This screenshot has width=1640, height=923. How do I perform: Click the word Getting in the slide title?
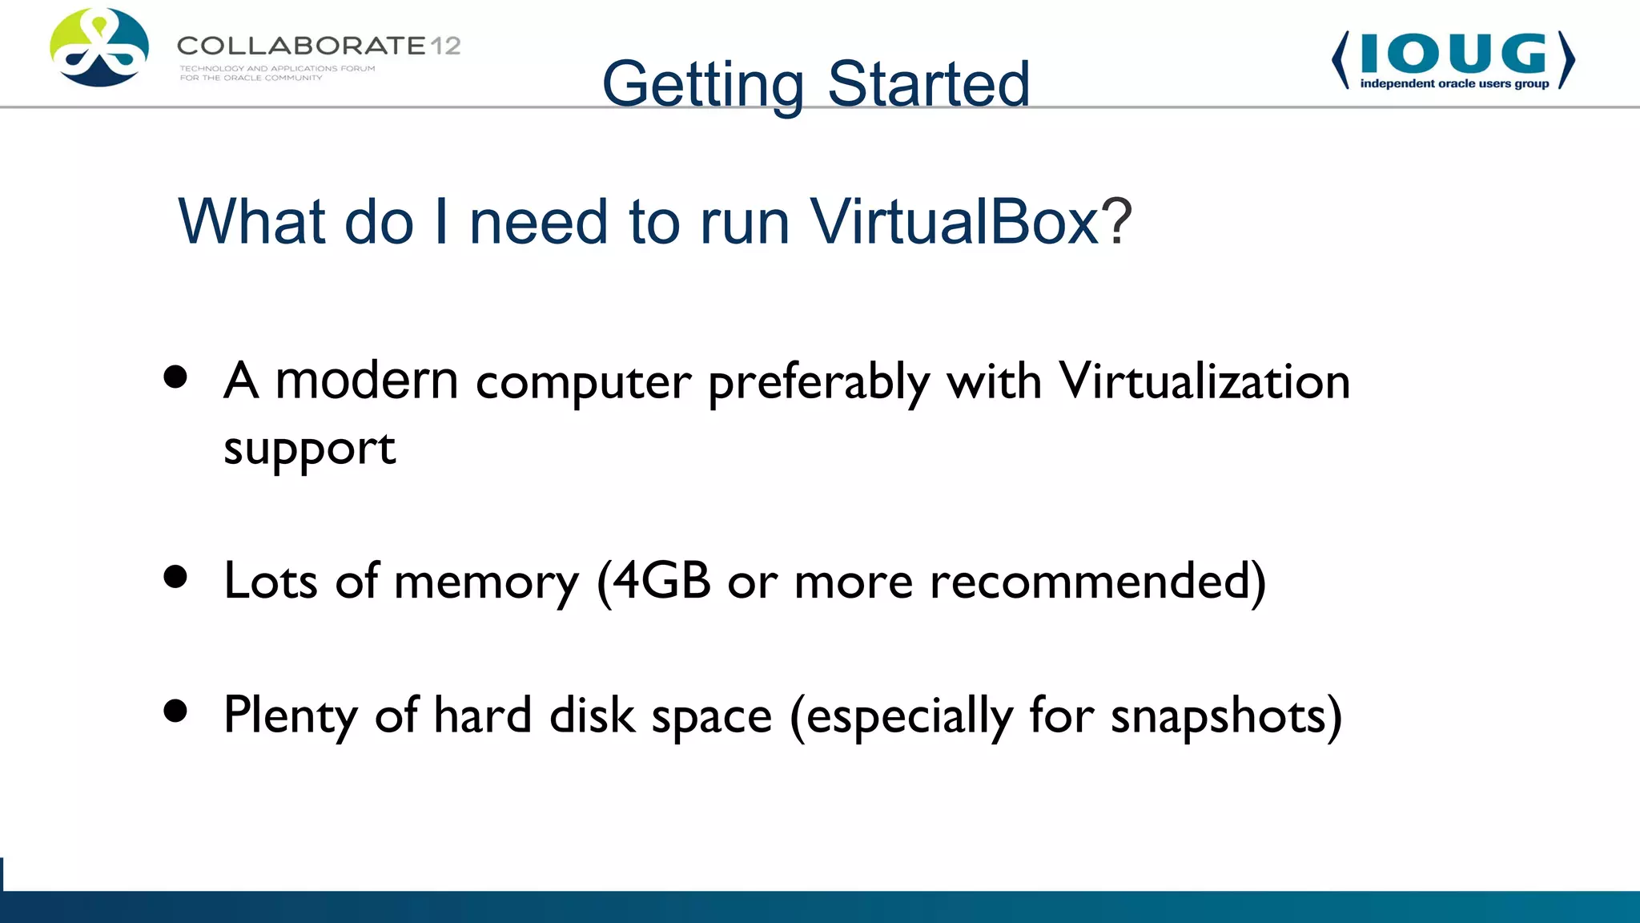pos(702,84)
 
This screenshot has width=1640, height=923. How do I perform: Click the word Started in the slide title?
pos(928,84)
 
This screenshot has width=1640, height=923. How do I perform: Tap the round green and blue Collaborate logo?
pos(99,48)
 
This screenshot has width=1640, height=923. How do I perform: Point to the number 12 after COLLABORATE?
pos(445,46)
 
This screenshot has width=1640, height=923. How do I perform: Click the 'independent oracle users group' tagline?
pos(1454,83)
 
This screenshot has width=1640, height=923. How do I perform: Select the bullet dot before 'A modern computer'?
pos(175,377)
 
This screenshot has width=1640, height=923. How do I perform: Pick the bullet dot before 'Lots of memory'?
pos(175,576)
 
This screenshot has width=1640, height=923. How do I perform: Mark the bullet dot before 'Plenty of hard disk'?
pos(175,710)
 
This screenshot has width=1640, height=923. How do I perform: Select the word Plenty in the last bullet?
pos(290,715)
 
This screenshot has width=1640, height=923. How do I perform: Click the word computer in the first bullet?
pos(583,382)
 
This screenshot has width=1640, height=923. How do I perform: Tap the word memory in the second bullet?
pos(486,582)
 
